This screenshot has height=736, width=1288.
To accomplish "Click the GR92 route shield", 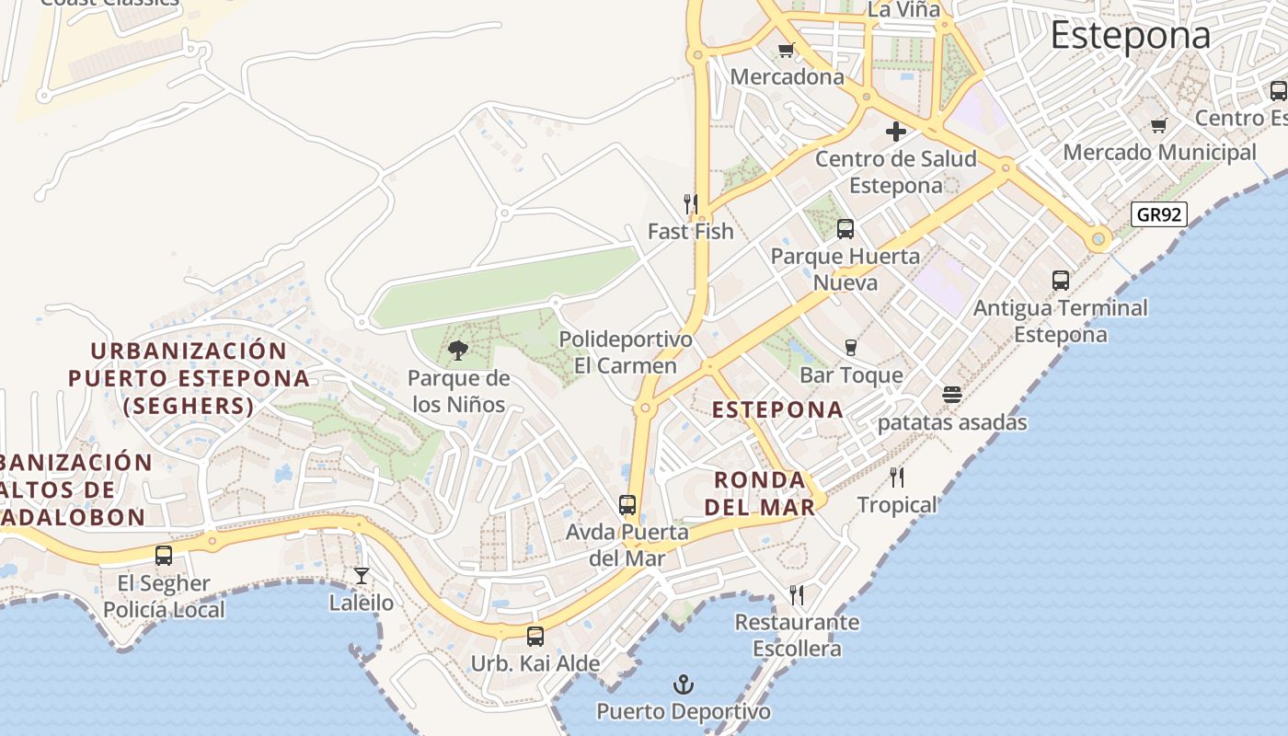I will (x=1158, y=215).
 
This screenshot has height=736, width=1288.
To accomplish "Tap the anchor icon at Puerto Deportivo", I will (x=683, y=684).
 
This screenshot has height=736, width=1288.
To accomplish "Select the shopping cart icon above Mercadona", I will (x=786, y=51).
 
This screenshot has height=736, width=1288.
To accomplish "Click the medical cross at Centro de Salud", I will (x=895, y=132).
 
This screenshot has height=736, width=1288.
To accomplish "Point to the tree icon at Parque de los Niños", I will (x=457, y=350).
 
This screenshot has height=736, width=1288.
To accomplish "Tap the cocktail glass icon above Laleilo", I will (x=362, y=576).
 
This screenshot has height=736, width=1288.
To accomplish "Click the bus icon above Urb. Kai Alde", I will (x=535, y=636).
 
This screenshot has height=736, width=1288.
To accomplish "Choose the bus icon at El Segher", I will (x=164, y=556).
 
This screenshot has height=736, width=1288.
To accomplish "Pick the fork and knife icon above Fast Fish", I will (x=690, y=203).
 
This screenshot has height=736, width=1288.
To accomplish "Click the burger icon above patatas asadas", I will (x=952, y=396).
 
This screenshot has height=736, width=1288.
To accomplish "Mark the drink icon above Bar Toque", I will (x=851, y=347).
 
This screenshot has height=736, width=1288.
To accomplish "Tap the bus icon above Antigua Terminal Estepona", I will (x=1061, y=281).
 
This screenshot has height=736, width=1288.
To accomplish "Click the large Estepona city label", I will (x=1131, y=36).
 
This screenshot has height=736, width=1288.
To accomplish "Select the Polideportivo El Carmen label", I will (x=626, y=352).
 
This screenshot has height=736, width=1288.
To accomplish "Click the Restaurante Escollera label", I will (x=797, y=635).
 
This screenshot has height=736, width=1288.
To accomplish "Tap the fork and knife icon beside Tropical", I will (x=897, y=477).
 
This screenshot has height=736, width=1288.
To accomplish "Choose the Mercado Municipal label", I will (x=1159, y=152).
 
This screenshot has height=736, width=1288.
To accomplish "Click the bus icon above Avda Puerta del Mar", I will (x=627, y=505).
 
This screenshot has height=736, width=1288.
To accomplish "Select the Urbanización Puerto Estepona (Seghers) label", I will (x=189, y=378).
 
